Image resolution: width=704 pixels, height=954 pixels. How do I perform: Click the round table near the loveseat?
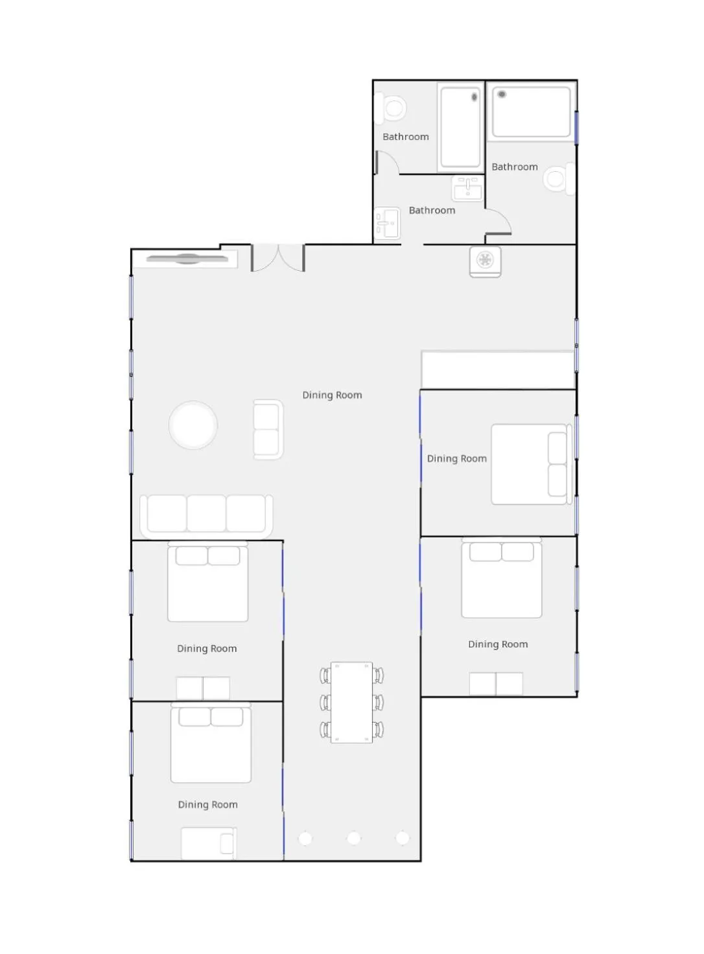point(193,425)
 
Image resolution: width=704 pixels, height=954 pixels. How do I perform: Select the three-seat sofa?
point(206,515)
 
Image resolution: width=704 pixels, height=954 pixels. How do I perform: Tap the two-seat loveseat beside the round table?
point(267,429)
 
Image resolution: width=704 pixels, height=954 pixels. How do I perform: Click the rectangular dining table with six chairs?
point(351,702)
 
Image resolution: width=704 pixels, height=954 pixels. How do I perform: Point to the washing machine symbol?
point(485,261)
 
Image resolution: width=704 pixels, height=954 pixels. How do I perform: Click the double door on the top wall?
point(278,257)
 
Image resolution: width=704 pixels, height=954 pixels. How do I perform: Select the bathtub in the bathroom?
point(460,127)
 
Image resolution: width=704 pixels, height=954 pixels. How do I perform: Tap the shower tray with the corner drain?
point(531,111)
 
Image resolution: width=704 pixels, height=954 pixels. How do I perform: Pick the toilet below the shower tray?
point(557,178)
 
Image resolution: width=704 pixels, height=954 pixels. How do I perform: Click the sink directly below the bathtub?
point(467,189)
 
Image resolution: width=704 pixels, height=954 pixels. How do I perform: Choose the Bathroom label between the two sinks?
point(432,211)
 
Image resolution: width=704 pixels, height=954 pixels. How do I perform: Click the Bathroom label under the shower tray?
point(515,167)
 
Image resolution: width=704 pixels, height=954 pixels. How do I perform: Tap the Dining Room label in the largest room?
point(332,395)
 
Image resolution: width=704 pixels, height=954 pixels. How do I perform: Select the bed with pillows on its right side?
point(531,464)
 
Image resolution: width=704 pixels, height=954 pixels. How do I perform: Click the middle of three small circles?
point(353,838)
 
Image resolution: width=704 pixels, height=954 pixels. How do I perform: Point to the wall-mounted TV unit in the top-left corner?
point(187,259)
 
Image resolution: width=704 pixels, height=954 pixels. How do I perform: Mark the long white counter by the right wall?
point(497,369)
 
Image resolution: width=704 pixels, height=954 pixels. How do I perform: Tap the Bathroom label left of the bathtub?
point(406,137)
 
